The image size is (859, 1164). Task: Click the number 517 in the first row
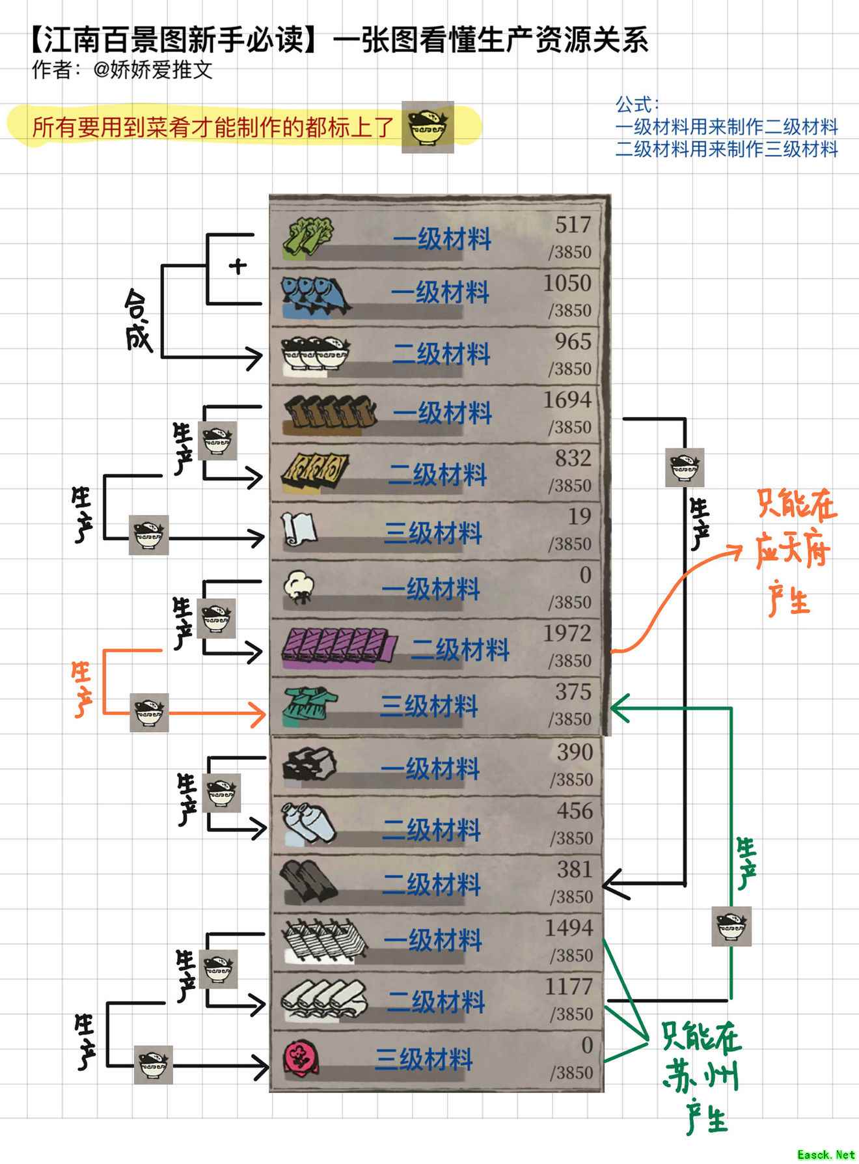(573, 225)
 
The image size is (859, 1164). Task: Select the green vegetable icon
(308, 236)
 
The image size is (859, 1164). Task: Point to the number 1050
(567, 284)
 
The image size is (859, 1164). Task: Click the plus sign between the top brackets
(238, 266)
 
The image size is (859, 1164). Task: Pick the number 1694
(567, 400)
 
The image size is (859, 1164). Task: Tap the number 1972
(567, 633)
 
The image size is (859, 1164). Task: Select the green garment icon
(309, 706)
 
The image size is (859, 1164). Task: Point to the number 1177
(569, 987)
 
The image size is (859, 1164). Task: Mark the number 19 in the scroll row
(579, 517)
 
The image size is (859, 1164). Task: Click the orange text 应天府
(793, 552)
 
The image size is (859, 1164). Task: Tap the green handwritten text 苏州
(702, 1077)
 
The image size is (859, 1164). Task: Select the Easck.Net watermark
(826, 1154)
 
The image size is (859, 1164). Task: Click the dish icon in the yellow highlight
(428, 127)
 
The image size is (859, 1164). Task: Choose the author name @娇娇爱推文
(153, 70)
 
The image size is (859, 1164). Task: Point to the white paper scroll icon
(299, 530)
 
